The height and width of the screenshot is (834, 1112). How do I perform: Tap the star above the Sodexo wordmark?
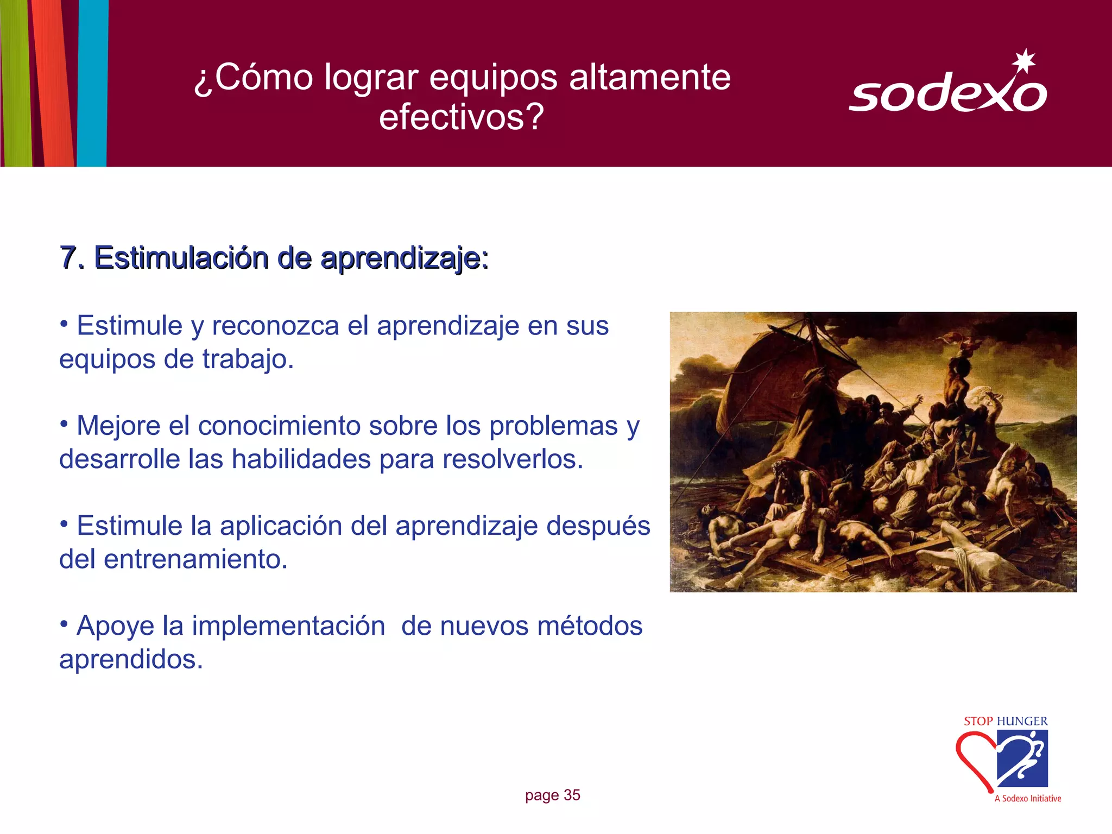tap(1024, 61)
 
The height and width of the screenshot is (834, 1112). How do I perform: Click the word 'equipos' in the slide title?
tap(493, 77)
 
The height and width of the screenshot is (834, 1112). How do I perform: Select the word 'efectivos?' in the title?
tap(461, 117)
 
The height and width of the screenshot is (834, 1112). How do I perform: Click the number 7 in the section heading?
tap(68, 257)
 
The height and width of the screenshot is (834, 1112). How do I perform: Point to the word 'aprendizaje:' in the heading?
tap(405, 258)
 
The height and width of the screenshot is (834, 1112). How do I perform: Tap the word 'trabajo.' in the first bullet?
tap(248, 359)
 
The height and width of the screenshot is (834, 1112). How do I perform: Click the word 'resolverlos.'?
tap(513, 459)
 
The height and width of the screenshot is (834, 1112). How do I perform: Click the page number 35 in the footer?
tap(572, 795)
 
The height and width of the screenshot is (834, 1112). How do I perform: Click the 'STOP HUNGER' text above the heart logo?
tap(1006, 722)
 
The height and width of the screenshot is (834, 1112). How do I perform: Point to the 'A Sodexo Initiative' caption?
tap(1027, 799)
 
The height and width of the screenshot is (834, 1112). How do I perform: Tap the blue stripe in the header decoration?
tap(92, 81)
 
